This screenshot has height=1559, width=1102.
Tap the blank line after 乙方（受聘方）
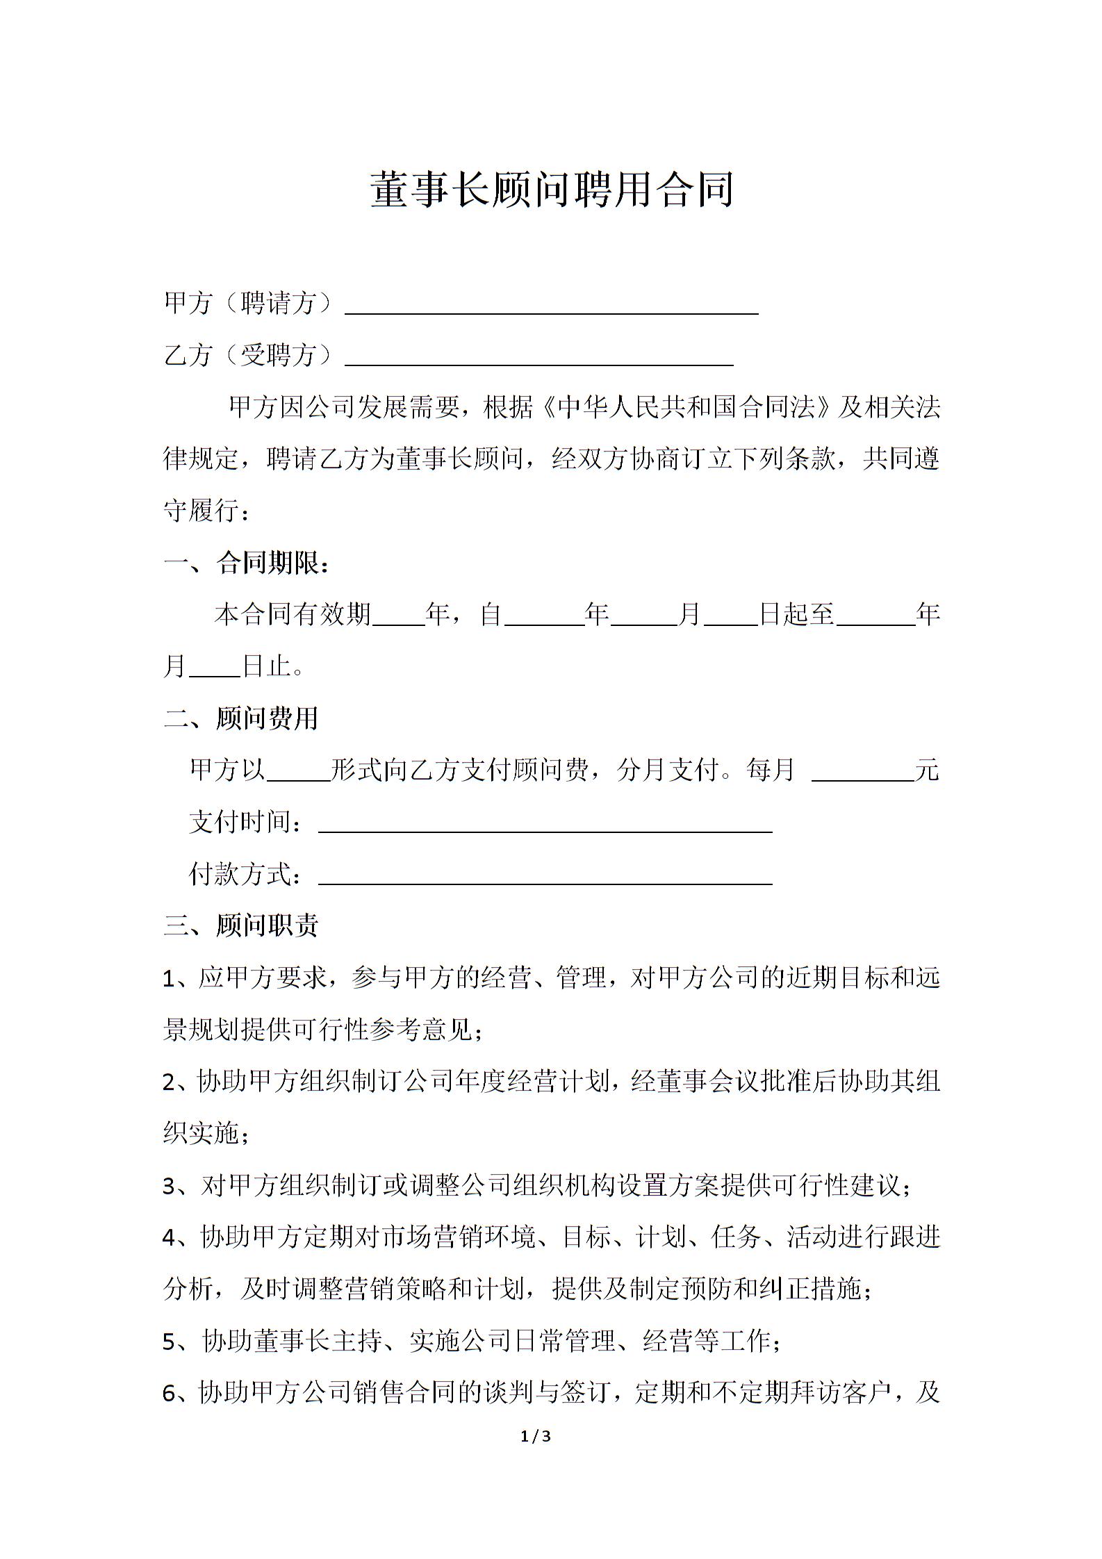[539, 358]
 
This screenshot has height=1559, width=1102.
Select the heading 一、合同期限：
[247, 563]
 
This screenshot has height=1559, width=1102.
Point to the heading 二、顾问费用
[241, 718]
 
